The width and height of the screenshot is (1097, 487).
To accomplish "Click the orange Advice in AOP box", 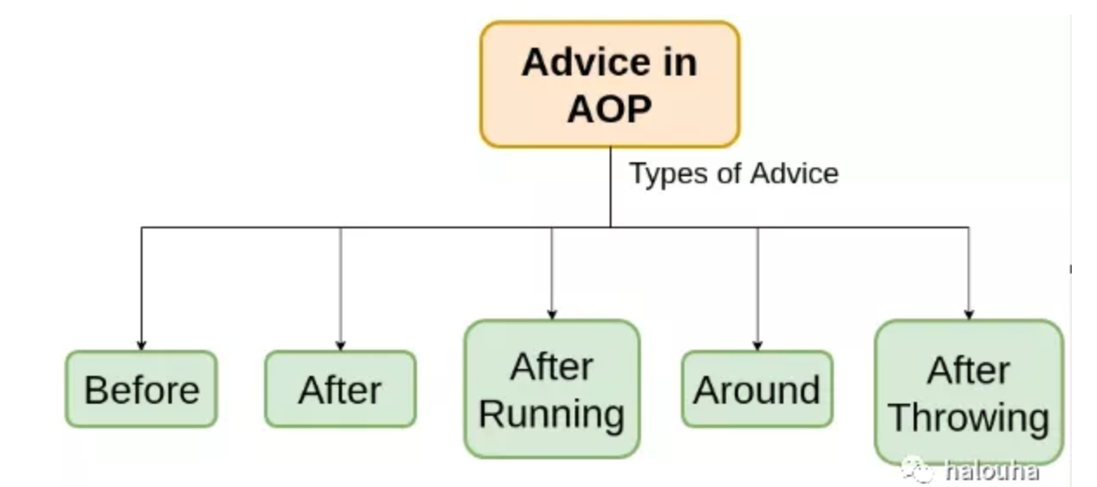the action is tap(610, 84).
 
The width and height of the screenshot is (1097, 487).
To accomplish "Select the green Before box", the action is tap(142, 389).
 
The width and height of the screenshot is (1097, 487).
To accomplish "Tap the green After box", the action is tap(340, 389).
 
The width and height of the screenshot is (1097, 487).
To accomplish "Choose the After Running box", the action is tap(552, 389).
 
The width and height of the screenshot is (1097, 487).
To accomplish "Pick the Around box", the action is tap(757, 389).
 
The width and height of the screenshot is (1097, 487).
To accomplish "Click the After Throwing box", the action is tap(968, 392).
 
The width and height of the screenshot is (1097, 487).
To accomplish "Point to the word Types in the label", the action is tap(669, 174).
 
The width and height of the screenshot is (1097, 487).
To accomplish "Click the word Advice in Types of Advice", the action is tap(795, 174).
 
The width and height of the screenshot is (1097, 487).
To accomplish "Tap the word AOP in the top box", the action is tap(610, 109).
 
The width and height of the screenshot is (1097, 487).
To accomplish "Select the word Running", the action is tap(552, 415).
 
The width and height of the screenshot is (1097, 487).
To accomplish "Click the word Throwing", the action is tap(968, 418).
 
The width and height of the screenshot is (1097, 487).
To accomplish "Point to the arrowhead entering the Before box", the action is tap(142, 346).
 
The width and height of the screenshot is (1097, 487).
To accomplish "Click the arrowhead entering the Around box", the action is tap(757, 346).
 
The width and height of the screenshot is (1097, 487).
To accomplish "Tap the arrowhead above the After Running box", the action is tap(552, 315).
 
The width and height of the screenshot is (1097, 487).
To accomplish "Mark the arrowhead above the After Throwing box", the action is tap(968, 315).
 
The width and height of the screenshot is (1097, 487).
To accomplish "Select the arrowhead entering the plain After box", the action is tap(340, 346).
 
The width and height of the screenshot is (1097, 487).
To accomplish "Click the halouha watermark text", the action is tap(992, 471).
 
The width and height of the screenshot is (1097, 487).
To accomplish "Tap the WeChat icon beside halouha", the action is tap(918, 470).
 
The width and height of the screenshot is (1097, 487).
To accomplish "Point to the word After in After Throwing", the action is tap(968, 371).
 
